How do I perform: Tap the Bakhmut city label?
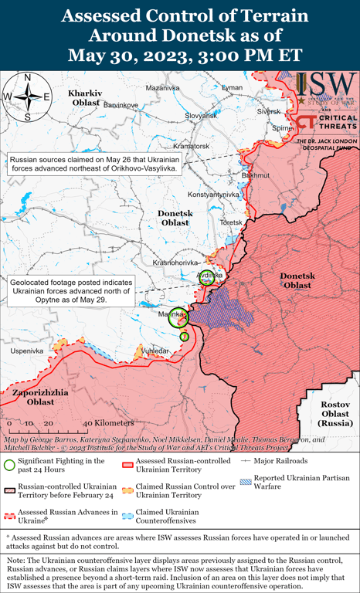click(x=256, y=175)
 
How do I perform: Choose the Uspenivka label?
click(x=26, y=351)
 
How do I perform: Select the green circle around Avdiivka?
click(x=207, y=278)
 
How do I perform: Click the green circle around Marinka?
click(x=178, y=317)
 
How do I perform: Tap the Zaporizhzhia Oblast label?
click(x=31, y=397)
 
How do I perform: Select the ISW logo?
click(x=326, y=87)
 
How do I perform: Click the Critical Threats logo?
click(x=326, y=122)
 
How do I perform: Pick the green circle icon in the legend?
click(x=10, y=464)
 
